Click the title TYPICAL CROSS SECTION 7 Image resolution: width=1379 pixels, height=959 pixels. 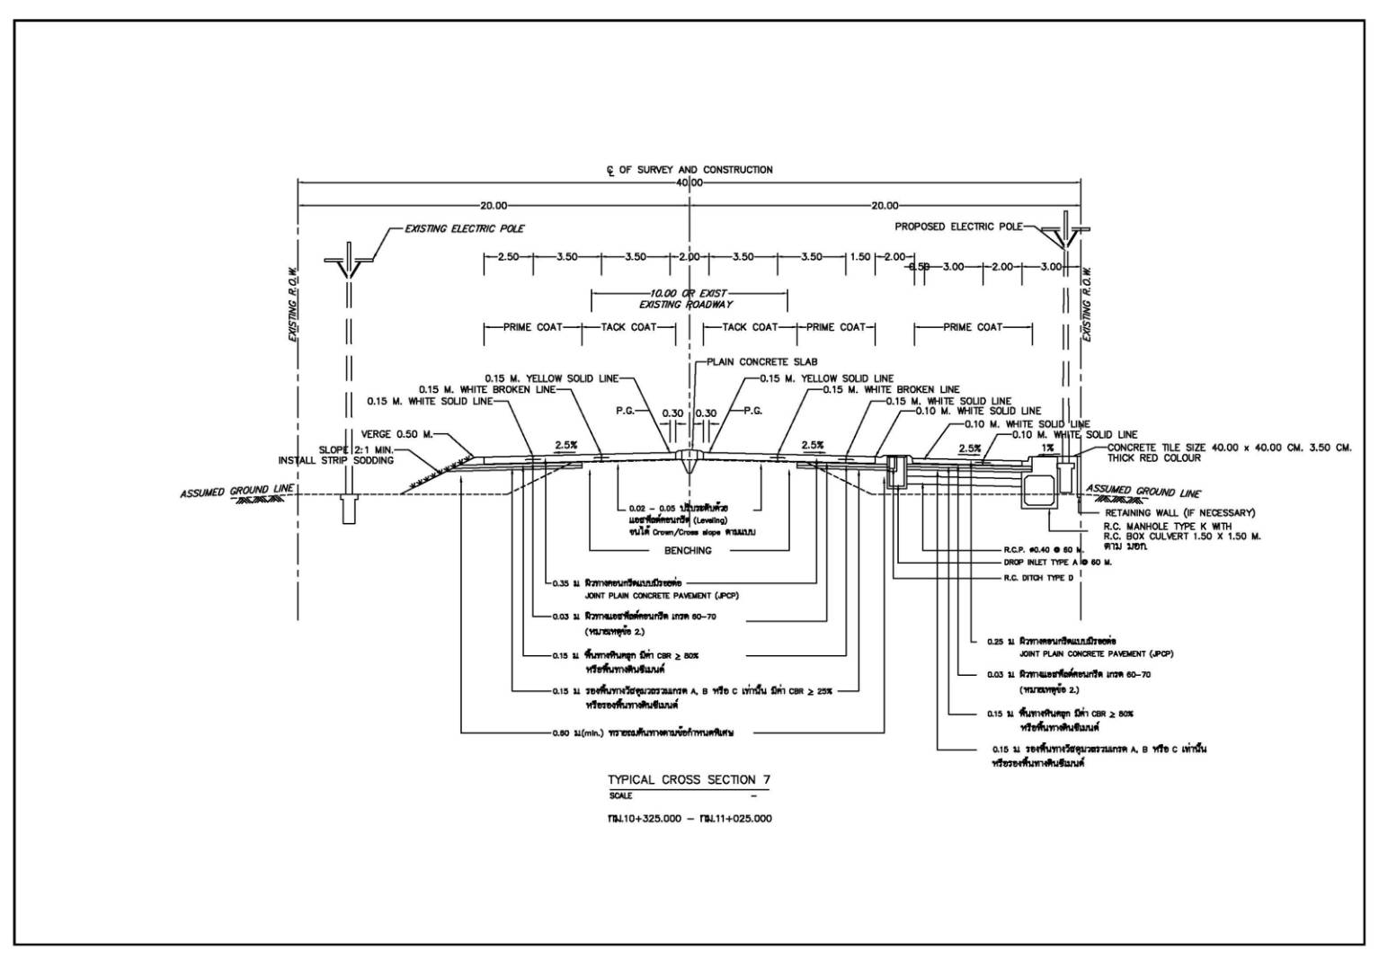[x=689, y=779]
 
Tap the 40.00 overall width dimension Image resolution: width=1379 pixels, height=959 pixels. [x=689, y=182]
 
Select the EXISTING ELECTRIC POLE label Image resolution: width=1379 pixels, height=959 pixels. [x=464, y=228]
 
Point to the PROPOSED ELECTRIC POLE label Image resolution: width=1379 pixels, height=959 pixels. [x=958, y=226]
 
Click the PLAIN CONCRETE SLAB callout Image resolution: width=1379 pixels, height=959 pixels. [x=761, y=361]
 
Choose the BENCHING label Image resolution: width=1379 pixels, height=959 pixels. [x=688, y=550]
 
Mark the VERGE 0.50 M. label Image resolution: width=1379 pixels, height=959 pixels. [x=396, y=434]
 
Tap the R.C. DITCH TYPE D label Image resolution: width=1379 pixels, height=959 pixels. [x=1038, y=577]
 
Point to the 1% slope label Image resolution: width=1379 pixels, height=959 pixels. [x=1046, y=448]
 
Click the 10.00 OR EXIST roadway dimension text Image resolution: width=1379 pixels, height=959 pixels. [x=689, y=293]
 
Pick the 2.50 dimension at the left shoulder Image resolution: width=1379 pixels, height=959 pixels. [x=508, y=257]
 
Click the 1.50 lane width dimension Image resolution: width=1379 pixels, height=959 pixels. [x=860, y=257]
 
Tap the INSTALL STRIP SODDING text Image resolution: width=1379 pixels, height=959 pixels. [x=335, y=461]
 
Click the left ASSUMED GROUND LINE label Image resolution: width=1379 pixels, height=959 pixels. [x=236, y=492]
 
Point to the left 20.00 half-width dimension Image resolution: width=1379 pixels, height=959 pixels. [x=494, y=205]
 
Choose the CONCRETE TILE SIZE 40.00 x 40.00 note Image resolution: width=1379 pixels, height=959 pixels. [x=1229, y=447]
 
